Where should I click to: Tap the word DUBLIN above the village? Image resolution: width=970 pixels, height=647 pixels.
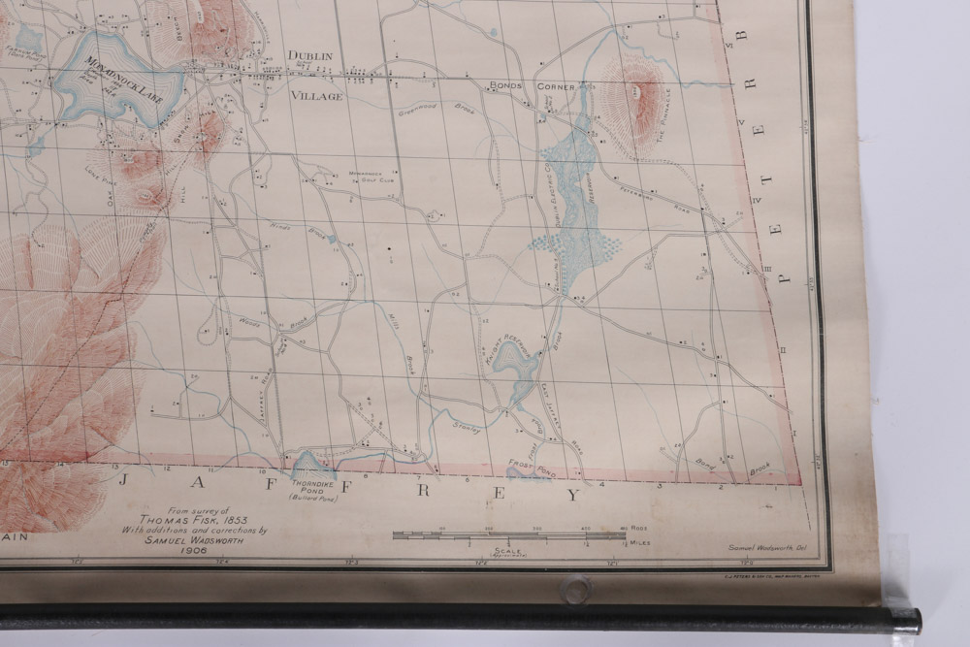[309, 56]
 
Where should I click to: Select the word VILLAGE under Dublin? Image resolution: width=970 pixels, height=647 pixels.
[316, 96]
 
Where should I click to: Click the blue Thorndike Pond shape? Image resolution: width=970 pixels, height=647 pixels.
[312, 466]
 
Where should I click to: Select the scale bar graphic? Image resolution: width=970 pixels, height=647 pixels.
[508, 535]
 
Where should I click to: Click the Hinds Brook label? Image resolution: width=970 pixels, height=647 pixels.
[293, 233]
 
